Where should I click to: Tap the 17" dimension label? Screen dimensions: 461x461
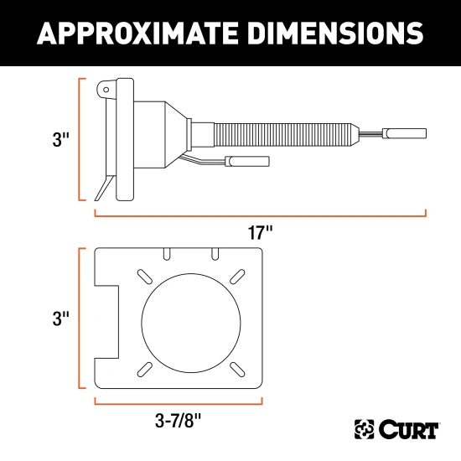click(x=261, y=233)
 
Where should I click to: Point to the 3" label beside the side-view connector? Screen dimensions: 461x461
click(x=58, y=139)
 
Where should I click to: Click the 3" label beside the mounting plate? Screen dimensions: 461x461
click(x=58, y=319)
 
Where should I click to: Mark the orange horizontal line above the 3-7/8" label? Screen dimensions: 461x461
click(x=178, y=401)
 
